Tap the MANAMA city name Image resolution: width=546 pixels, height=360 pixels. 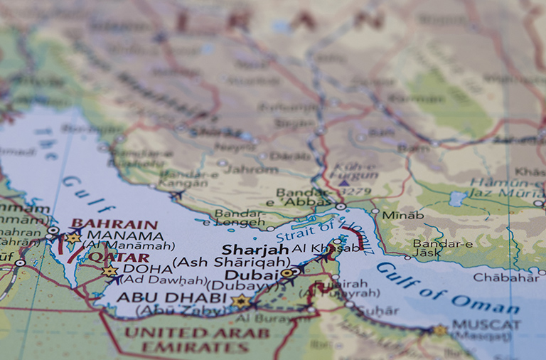coord(124,235)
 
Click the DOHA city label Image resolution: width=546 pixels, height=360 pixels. coord(147,269)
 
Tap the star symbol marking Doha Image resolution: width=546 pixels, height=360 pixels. coord(109,271)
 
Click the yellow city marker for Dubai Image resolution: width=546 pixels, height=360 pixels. coord(287,272)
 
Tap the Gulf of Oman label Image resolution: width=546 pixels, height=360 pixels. coord(448,289)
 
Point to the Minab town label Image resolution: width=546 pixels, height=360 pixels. coord(402,215)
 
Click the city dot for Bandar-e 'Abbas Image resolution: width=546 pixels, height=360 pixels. coord(341,207)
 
